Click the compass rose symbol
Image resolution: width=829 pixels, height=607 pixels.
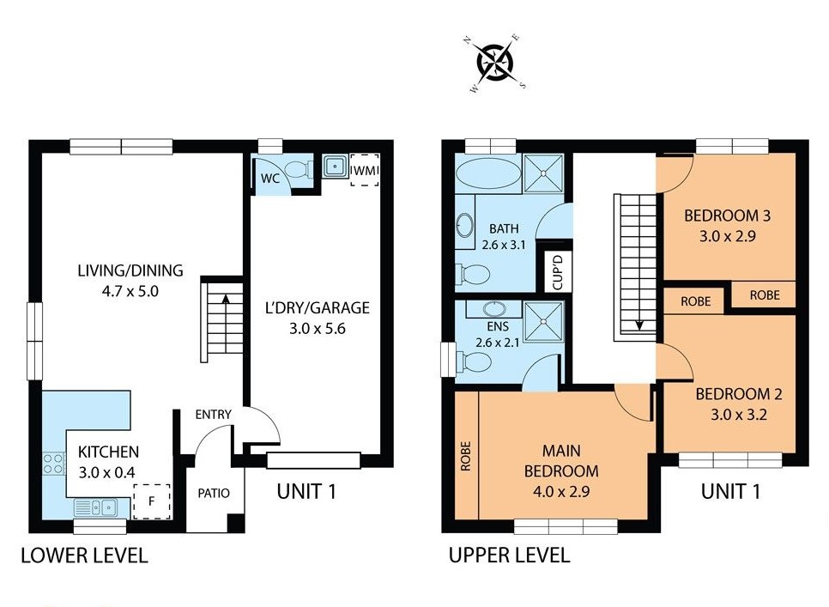pos(496,63)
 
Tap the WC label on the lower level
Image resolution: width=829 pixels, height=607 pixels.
pos(270,179)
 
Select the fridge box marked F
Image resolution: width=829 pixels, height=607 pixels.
pos(152,501)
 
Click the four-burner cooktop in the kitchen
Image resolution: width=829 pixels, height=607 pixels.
pos(53,464)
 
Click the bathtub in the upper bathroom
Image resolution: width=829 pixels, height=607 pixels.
pos(488,173)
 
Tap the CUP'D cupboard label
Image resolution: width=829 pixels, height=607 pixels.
pos(558,272)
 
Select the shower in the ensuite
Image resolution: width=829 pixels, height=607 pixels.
pos(543,321)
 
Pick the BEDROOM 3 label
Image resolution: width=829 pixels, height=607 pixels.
pos(727,215)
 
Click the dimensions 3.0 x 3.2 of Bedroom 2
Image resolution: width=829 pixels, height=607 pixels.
pos(738,415)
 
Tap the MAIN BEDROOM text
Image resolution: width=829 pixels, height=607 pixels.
pos(561,460)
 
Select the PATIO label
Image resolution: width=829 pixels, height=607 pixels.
pos(214,494)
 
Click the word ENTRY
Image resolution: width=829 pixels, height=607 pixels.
pos(213,415)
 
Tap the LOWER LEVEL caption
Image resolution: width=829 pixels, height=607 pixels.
pos(84,555)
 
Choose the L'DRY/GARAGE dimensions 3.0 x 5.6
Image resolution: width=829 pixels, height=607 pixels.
pos(318,329)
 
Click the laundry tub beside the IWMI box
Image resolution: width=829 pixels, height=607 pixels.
pos(334,166)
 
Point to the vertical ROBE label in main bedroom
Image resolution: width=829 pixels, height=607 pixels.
pos(465,456)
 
